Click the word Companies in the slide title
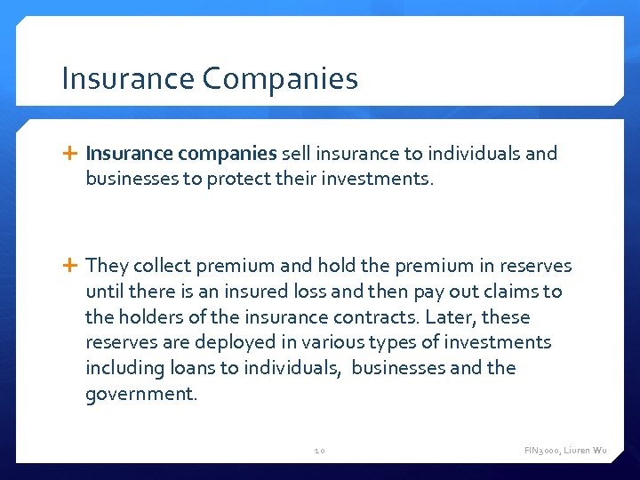(280, 79)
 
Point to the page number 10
(320, 451)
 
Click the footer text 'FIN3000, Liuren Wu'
(565, 451)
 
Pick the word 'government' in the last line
(139, 394)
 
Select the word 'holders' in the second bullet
(151, 317)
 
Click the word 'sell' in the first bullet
(296, 154)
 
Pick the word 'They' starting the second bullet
(108, 266)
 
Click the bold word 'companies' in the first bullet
(228, 154)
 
